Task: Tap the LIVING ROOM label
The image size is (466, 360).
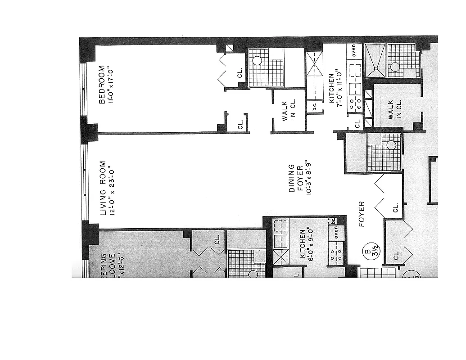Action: [103, 188]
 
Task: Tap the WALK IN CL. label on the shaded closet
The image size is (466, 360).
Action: [394, 109]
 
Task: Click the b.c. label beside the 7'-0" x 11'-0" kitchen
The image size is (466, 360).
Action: [314, 108]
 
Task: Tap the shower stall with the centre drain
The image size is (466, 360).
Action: [375, 61]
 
